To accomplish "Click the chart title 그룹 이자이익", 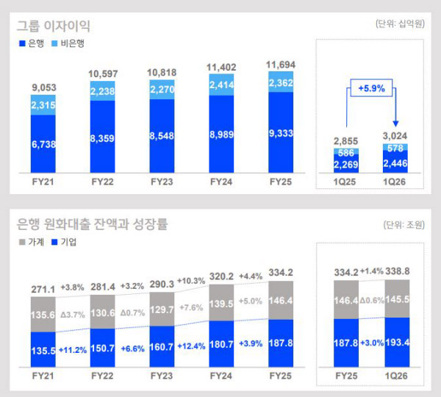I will click(54, 26).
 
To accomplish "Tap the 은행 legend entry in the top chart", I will click(32, 44).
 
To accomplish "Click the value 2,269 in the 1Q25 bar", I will click(345, 165).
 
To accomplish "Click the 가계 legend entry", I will click(32, 241).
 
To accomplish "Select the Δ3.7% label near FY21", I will click(75, 315).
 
